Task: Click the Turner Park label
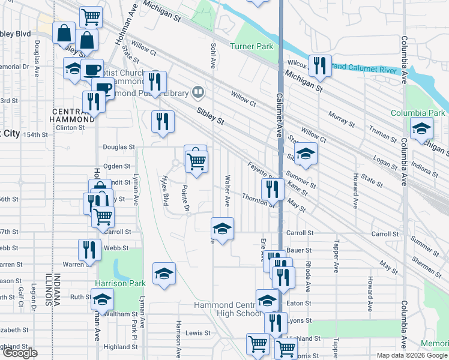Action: point(252,46)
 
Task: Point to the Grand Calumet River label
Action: point(366,70)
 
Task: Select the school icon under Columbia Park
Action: point(421,128)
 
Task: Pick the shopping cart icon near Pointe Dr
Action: point(196,160)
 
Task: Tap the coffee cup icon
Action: point(92,70)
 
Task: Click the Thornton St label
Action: point(258,200)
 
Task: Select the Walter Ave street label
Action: point(228,191)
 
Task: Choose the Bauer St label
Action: point(300,250)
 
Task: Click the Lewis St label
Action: point(198,332)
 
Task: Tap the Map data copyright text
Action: point(412,355)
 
